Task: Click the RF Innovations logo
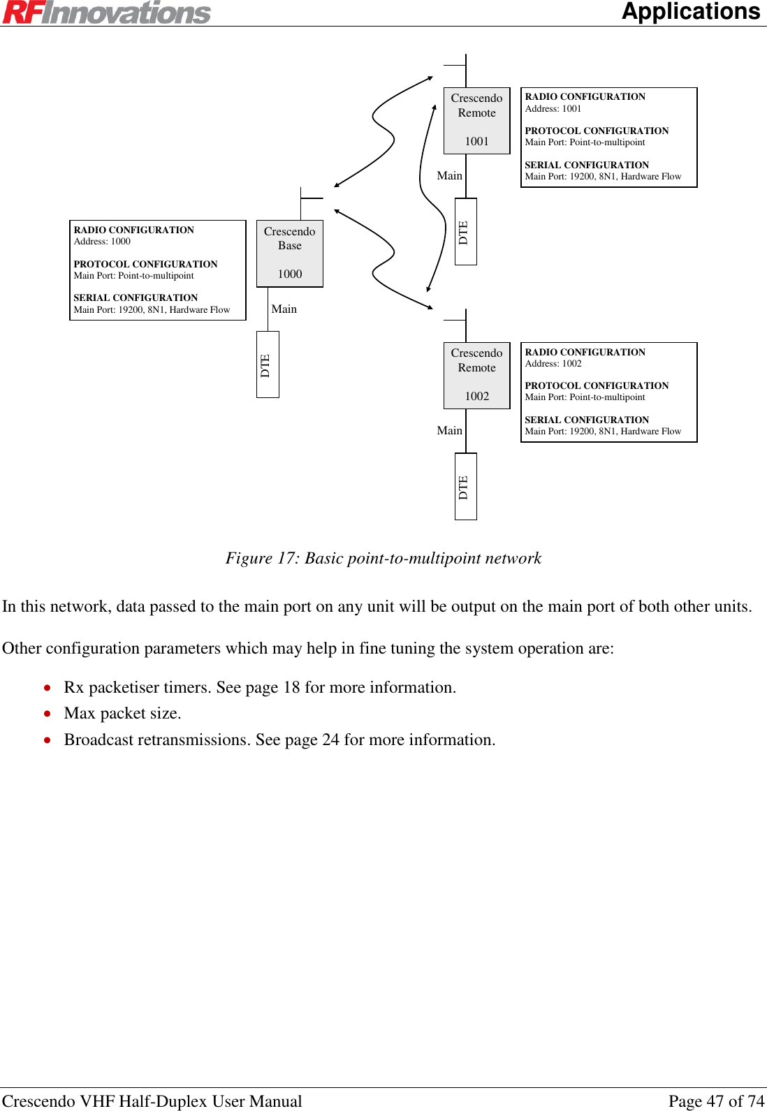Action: tap(106, 13)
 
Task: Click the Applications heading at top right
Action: tap(690, 11)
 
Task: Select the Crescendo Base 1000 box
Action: tap(290, 253)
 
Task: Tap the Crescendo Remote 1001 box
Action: tap(476, 120)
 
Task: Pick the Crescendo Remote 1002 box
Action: tap(476, 375)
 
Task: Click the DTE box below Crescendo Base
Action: tap(268, 365)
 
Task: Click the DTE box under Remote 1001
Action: tap(465, 231)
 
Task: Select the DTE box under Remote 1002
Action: tap(465, 486)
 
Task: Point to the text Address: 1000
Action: tap(102, 242)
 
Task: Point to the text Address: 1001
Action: tap(553, 109)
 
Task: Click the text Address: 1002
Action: tap(553, 364)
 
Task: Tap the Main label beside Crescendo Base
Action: tap(284, 309)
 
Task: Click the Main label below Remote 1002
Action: tap(449, 431)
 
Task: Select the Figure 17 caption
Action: tap(383, 558)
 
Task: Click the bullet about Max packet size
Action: tap(122, 713)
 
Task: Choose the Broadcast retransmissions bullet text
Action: tap(279, 740)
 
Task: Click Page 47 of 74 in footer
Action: tap(716, 1101)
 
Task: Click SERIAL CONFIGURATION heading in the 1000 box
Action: tap(136, 297)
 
